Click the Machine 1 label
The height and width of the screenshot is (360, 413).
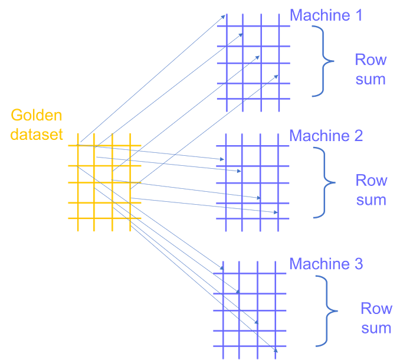(x=326, y=15)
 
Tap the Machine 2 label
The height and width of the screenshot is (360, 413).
(x=326, y=136)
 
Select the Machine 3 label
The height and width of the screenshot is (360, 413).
(x=326, y=263)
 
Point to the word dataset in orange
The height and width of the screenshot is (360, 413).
(x=37, y=134)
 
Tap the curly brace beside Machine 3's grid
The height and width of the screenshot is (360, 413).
(x=326, y=309)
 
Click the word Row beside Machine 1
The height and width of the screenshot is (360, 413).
(x=371, y=59)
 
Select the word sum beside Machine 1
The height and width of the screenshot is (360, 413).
(x=371, y=78)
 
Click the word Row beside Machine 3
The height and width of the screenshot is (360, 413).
(x=376, y=308)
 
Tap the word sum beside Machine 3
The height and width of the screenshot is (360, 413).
(x=376, y=328)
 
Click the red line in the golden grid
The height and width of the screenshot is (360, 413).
(x=103, y=180)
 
